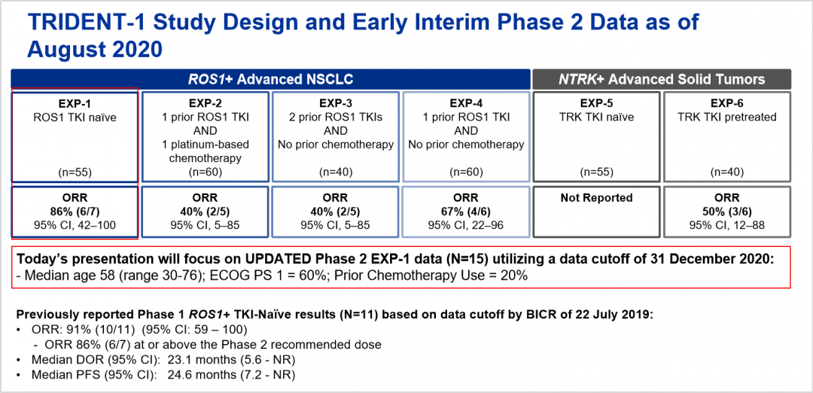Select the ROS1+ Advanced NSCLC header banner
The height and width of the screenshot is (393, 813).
tap(271, 79)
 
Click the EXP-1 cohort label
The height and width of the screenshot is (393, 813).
tap(75, 104)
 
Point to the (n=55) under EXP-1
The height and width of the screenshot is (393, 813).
tap(75, 172)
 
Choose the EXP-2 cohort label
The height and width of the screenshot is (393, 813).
tap(205, 104)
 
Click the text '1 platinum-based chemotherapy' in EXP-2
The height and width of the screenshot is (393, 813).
tap(205, 151)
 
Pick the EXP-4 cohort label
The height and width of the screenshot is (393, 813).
tap(466, 104)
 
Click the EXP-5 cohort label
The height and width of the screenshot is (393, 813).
tap(596, 104)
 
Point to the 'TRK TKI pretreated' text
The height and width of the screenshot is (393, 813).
tap(727, 117)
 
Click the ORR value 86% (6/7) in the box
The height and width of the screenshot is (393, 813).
tap(75, 212)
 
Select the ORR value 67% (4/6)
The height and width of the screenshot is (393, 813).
tap(466, 212)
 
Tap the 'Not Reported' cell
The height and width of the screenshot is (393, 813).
tap(596, 197)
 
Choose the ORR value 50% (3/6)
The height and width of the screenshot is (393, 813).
tap(727, 212)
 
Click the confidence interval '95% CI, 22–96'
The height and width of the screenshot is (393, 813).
tap(466, 225)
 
